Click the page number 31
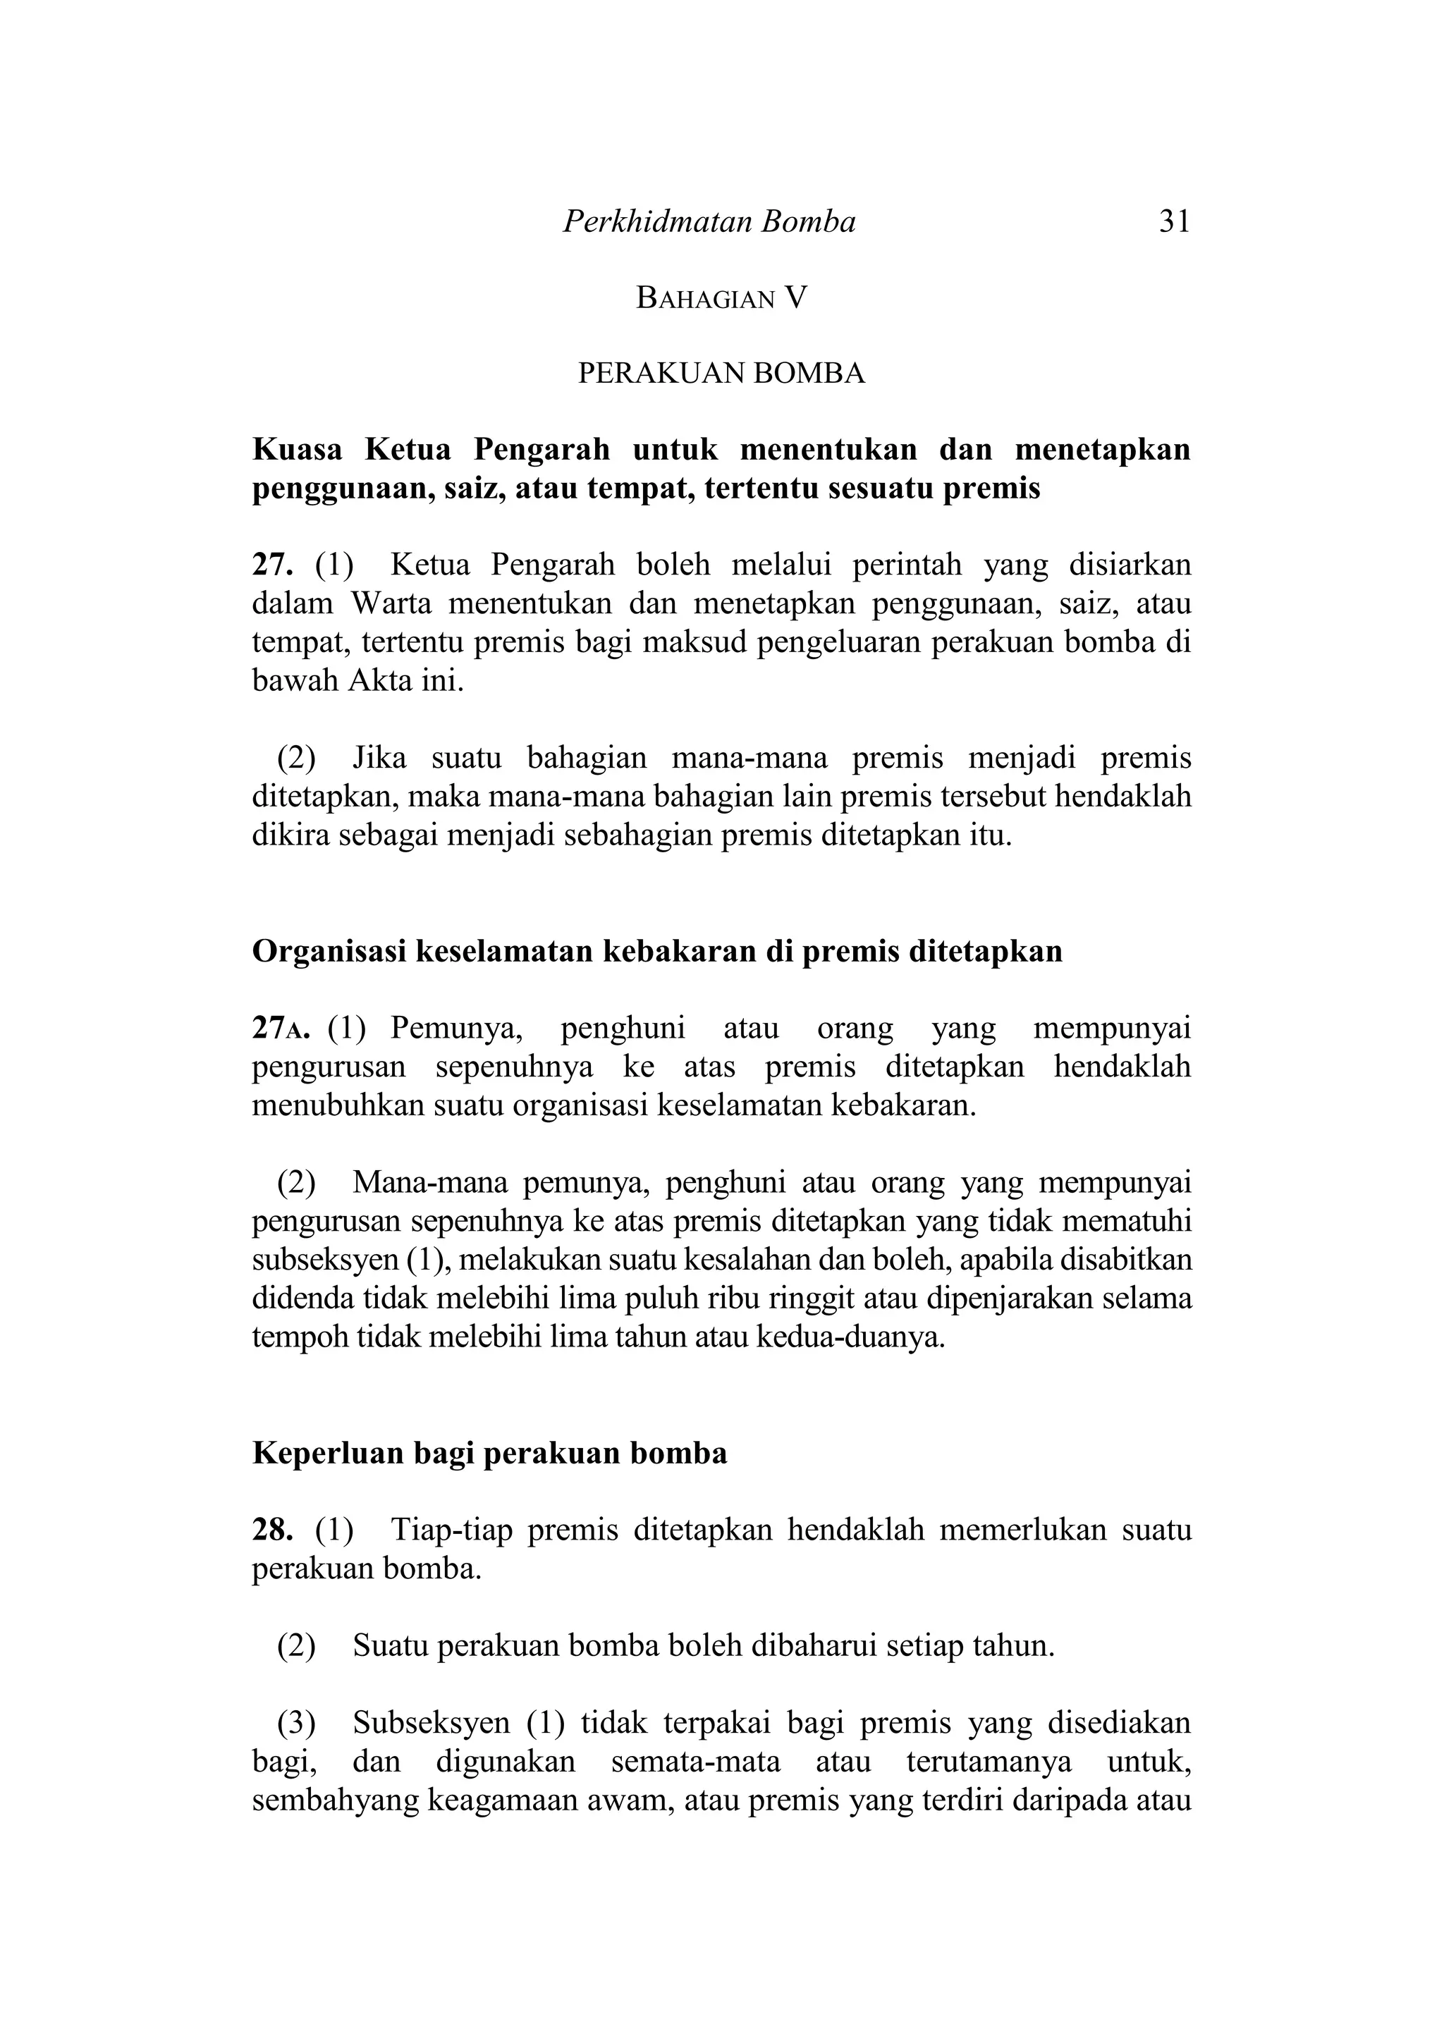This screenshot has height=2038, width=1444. [1174, 221]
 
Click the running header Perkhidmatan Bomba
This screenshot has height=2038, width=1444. [709, 221]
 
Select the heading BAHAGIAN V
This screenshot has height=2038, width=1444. [721, 299]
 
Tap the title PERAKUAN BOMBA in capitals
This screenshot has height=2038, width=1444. [721, 374]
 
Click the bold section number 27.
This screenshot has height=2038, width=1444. [272, 565]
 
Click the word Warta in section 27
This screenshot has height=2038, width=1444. [391, 603]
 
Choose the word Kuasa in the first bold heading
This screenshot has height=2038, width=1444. [297, 450]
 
